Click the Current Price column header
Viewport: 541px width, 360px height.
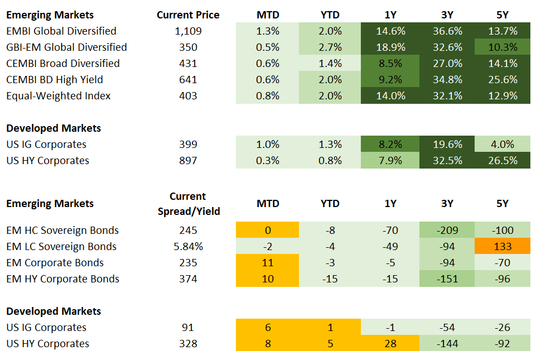click(x=188, y=15)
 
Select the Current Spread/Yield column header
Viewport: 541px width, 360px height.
click(x=189, y=204)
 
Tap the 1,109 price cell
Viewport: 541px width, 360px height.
click(x=189, y=31)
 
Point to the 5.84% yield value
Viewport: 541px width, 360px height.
click(x=189, y=247)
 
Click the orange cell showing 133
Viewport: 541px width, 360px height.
click(x=503, y=247)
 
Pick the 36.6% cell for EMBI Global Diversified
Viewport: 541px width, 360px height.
click(x=447, y=31)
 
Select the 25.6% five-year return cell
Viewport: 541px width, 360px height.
click(x=503, y=80)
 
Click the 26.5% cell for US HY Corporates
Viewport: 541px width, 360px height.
click(x=503, y=161)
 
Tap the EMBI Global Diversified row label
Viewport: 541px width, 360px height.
click(x=61, y=31)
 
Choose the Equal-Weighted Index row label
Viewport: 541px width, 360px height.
click(x=58, y=96)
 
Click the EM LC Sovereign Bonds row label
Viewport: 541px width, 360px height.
click(x=61, y=247)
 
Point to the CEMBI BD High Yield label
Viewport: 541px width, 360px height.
click(x=55, y=80)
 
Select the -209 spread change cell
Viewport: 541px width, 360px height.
click(x=447, y=231)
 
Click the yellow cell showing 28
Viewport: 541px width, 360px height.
click(x=390, y=344)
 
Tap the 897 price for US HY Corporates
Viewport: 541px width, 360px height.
click(x=189, y=161)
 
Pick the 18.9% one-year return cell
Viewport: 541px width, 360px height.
click(x=390, y=47)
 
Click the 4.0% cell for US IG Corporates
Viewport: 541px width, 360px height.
click(x=503, y=145)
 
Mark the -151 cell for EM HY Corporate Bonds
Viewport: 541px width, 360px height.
click(x=447, y=279)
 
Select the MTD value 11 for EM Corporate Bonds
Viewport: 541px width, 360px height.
click(x=268, y=263)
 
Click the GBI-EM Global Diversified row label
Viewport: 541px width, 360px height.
click(x=66, y=47)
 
